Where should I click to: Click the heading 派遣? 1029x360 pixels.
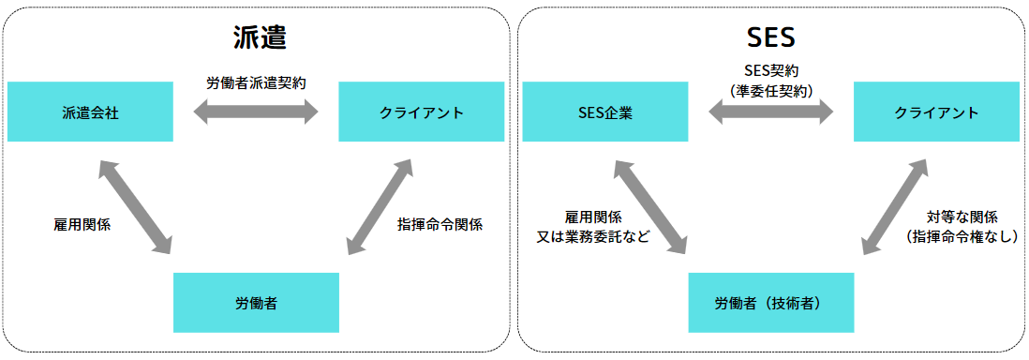259,37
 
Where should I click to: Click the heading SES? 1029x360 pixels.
771,37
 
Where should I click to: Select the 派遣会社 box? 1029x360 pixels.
90,112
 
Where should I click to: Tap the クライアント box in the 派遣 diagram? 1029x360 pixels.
422,112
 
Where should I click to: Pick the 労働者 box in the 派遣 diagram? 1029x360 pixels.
256,303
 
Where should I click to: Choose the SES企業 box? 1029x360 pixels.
604,112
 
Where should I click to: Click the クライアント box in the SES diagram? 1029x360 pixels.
936,112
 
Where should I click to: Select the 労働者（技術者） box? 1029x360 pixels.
771,303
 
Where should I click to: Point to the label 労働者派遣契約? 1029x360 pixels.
257,82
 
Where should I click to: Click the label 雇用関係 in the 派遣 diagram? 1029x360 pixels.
82,225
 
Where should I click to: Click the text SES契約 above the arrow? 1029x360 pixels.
770,71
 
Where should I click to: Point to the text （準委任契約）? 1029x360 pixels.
770,90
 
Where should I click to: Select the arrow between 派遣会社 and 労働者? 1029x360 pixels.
136,207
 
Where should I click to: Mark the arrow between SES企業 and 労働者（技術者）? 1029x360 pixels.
650,207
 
